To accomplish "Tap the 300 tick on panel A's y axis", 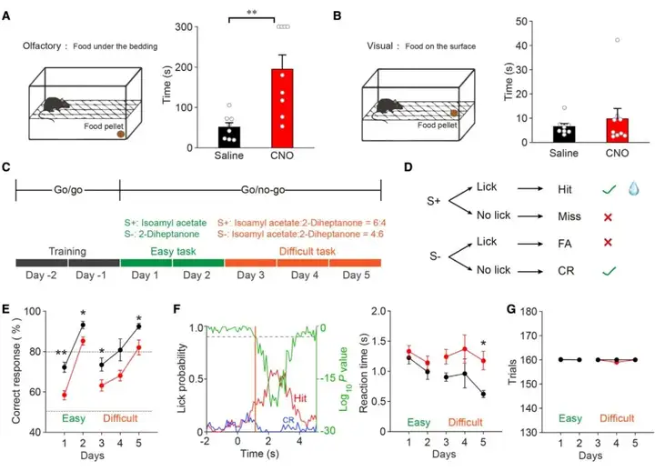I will [189, 26].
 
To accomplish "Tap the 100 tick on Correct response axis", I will [36, 311].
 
